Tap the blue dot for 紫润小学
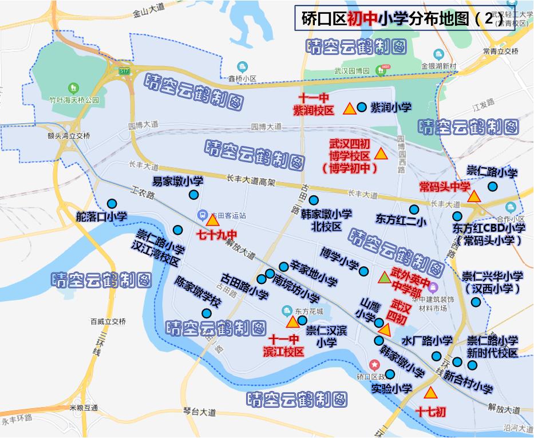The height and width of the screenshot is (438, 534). point(362,107)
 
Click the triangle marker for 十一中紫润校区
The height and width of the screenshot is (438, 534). point(349,109)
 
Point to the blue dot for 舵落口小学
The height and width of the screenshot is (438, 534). point(112,203)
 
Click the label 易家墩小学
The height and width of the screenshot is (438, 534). point(177,181)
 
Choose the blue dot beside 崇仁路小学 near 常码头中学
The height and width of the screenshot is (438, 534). point(492,186)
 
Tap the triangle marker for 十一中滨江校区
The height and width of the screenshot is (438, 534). point(292,322)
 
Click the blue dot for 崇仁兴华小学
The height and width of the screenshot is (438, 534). point(476,302)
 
